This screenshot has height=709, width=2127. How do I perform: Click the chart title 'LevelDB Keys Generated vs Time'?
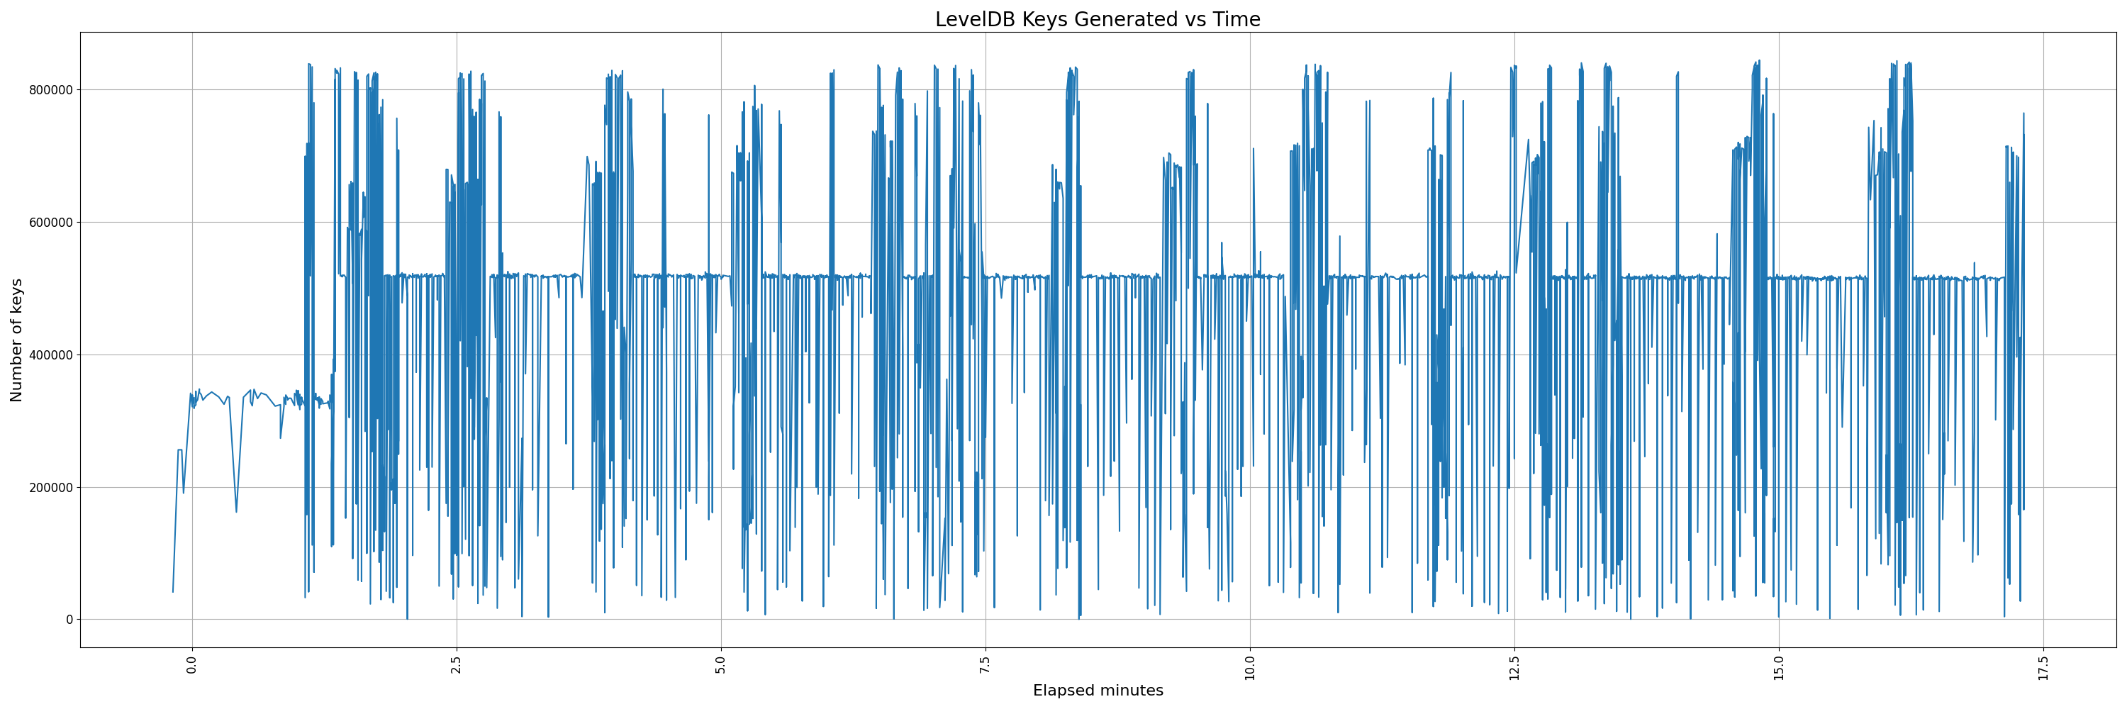(1098, 20)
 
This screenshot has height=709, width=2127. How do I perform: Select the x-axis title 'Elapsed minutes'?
(1098, 691)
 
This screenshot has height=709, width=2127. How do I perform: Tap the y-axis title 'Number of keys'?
(17, 340)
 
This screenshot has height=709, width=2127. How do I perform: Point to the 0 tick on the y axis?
(69, 620)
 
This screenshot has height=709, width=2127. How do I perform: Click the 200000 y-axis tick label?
(51, 488)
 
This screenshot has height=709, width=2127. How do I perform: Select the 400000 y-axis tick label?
(51, 355)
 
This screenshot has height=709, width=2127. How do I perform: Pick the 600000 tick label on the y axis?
(51, 223)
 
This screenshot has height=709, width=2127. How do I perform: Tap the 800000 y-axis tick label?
(51, 90)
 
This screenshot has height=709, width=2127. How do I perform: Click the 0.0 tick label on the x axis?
(192, 664)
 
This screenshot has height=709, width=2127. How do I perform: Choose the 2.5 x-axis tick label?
(457, 664)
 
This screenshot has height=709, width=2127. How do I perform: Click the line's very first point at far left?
(172, 592)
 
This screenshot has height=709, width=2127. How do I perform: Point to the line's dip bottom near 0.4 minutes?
(236, 512)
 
